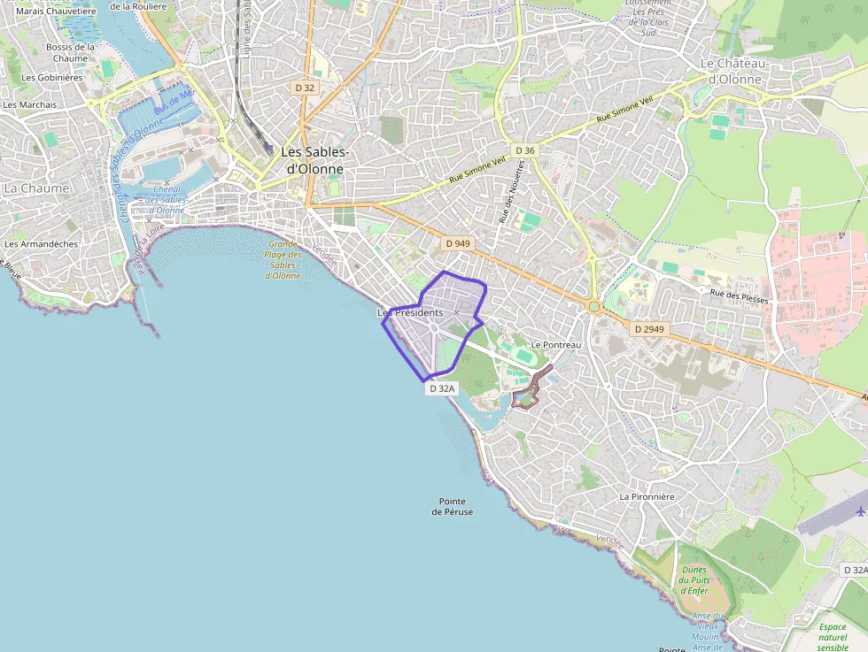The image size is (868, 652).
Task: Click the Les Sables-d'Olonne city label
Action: pos(315,160)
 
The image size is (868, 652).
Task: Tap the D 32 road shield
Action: pos(305,88)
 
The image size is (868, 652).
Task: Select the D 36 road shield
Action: pos(525,150)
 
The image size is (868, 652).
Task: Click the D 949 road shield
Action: pos(458,243)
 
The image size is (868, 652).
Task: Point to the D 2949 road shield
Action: pos(649,329)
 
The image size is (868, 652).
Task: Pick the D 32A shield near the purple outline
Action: pos(441,388)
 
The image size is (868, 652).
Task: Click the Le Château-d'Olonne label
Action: pos(731,71)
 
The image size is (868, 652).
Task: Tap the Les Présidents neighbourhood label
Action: pos(410,312)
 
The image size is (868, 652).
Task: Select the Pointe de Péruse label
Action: pos(453,506)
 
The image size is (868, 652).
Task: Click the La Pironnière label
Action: pos(647,496)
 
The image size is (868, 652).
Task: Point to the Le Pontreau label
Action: pos(555,344)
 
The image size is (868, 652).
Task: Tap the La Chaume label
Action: pos(36,188)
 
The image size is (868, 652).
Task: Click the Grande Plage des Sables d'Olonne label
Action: pos(283,259)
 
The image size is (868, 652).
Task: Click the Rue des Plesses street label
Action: pos(740,297)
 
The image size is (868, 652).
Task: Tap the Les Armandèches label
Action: pos(41,244)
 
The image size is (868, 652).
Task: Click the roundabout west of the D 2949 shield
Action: pos(593,307)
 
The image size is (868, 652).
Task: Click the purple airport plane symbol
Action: pos(860,511)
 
